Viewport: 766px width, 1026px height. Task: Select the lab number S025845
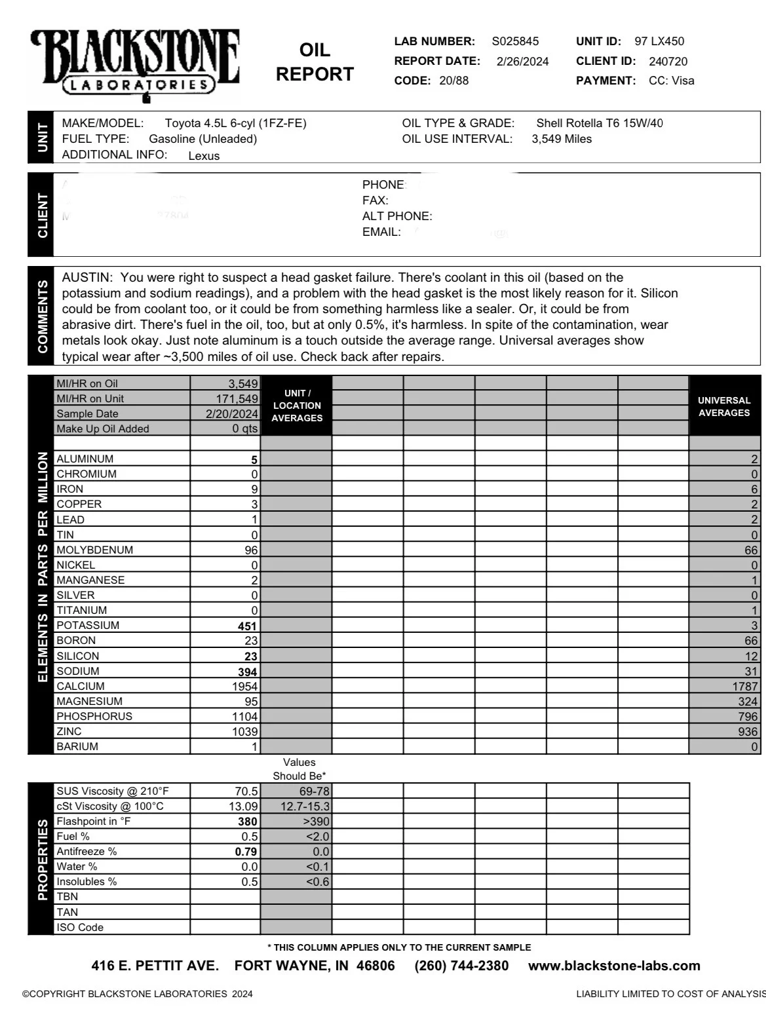click(x=515, y=41)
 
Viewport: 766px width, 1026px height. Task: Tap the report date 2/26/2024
click(x=522, y=62)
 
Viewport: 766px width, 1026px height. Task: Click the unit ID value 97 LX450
click(x=659, y=41)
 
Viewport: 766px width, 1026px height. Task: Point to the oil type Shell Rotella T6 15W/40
click(x=599, y=123)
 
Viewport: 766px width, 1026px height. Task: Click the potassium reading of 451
click(x=247, y=626)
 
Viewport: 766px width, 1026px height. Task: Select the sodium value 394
click(x=247, y=672)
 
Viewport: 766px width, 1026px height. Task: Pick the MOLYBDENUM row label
click(x=94, y=550)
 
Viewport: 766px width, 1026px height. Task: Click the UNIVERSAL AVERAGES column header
click(x=723, y=407)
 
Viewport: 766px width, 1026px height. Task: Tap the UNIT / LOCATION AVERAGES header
click(x=297, y=406)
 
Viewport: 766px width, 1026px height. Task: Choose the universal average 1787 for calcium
click(x=744, y=687)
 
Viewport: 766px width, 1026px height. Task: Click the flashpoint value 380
click(x=247, y=822)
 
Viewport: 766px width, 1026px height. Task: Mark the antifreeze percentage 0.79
click(x=246, y=852)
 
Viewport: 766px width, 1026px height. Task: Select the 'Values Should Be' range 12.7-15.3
click(x=305, y=807)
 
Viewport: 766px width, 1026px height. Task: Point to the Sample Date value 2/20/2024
click(x=231, y=414)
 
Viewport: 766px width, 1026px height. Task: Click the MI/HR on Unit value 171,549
click(x=237, y=399)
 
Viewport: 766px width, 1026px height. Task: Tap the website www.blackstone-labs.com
click(x=614, y=966)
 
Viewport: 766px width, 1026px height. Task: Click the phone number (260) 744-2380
click(x=461, y=966)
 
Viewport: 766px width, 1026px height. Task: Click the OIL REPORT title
click(x=315, y=62)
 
